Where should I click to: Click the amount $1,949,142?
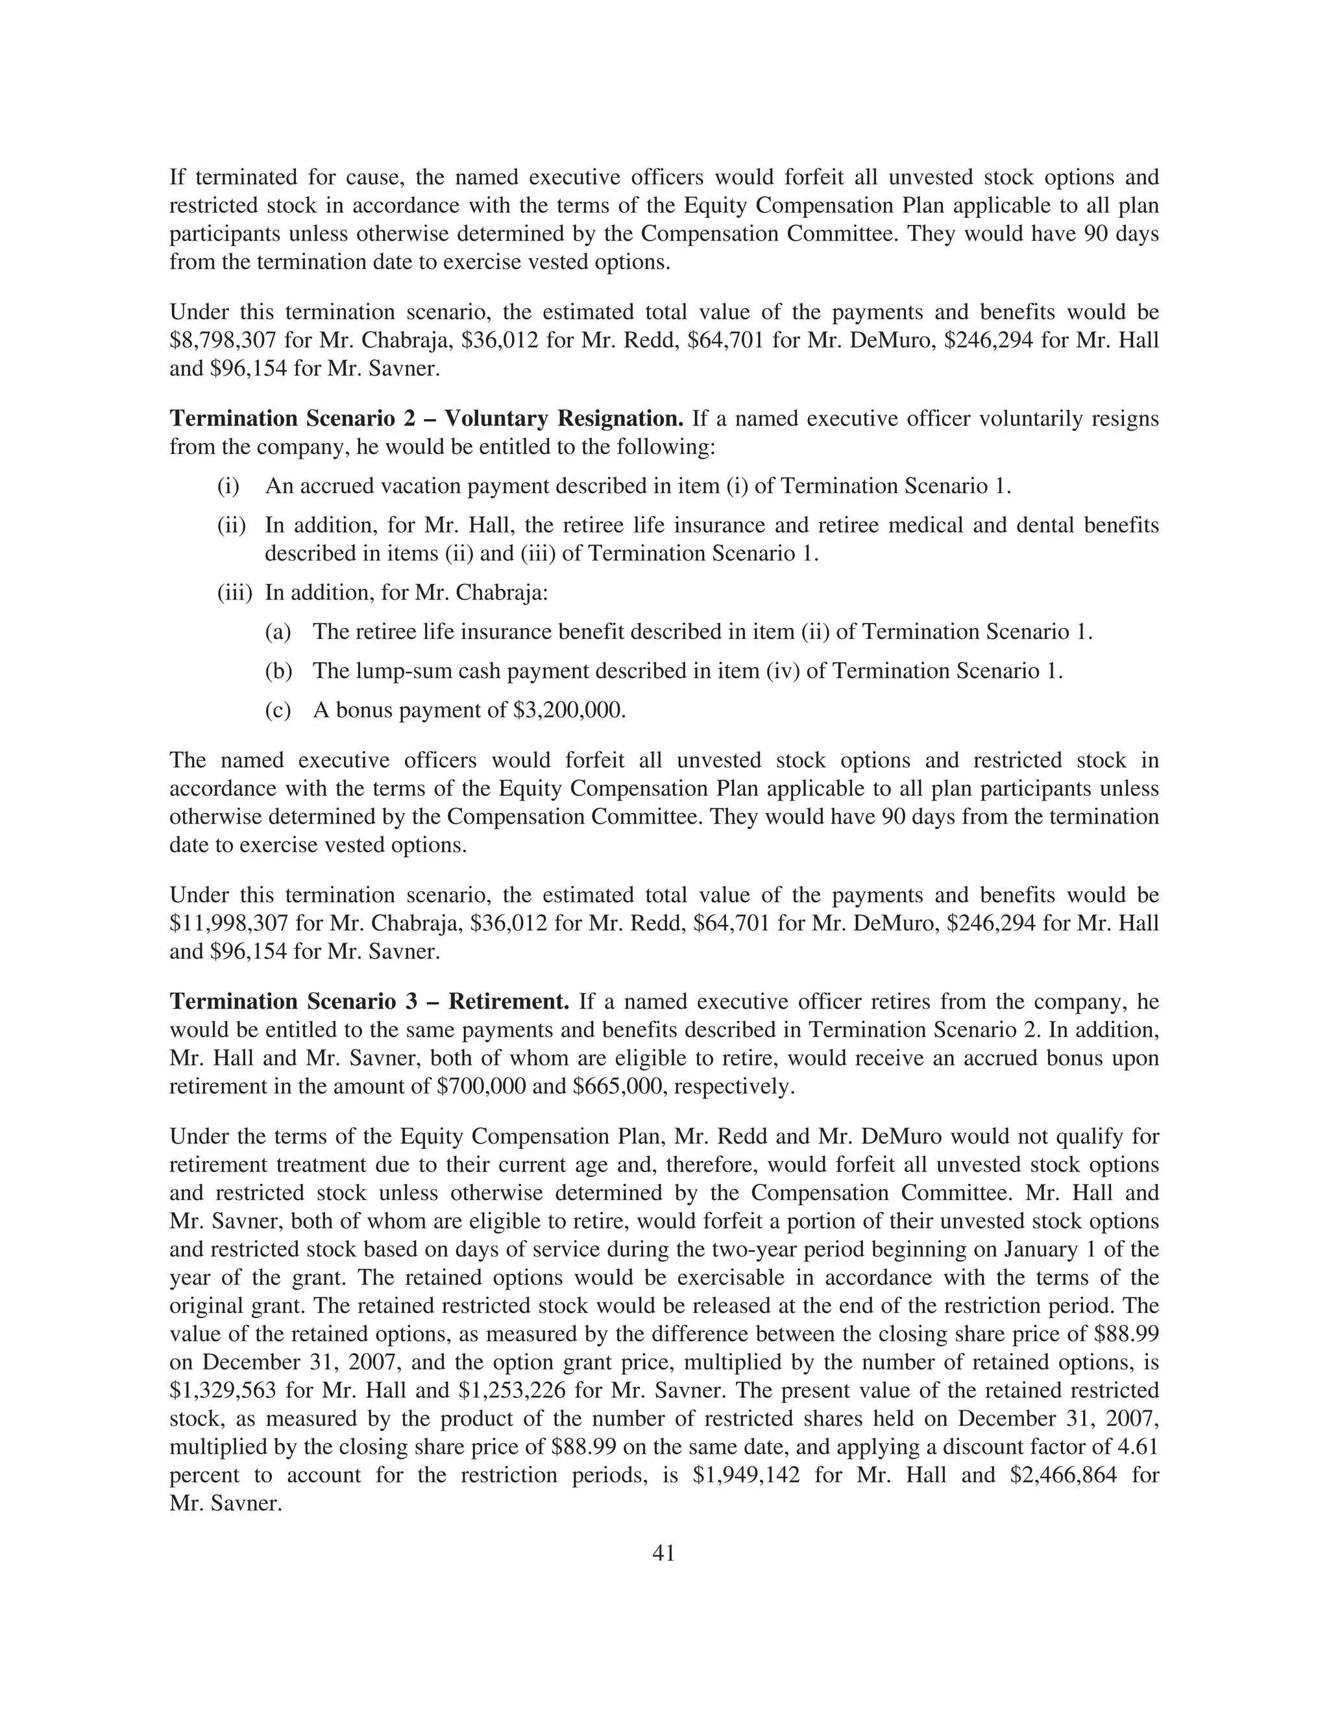(x=746, y=1475)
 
